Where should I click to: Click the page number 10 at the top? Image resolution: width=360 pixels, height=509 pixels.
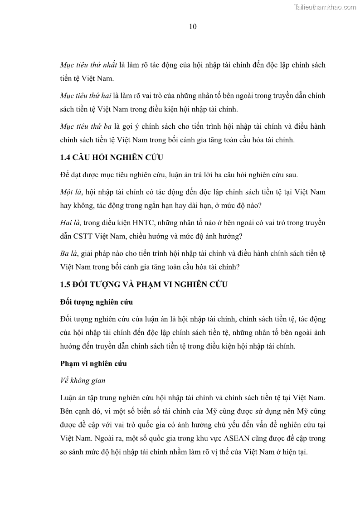[192, 27]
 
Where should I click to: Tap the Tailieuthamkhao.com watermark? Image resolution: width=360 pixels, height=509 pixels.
[325, 7]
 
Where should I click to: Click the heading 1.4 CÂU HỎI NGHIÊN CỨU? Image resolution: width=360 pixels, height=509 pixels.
[112, 158]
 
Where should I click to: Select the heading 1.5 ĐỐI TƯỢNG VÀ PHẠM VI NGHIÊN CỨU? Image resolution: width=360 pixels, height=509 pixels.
[143, 285]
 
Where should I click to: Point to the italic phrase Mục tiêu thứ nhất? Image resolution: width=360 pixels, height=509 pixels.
[89, 65]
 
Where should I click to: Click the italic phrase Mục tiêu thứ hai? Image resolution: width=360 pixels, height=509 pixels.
[86, 96]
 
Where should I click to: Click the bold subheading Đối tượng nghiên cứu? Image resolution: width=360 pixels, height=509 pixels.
[96, 302]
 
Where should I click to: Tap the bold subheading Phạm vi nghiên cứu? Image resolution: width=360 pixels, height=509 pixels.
[93, 364]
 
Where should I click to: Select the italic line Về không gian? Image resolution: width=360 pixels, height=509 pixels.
[83, 381]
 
